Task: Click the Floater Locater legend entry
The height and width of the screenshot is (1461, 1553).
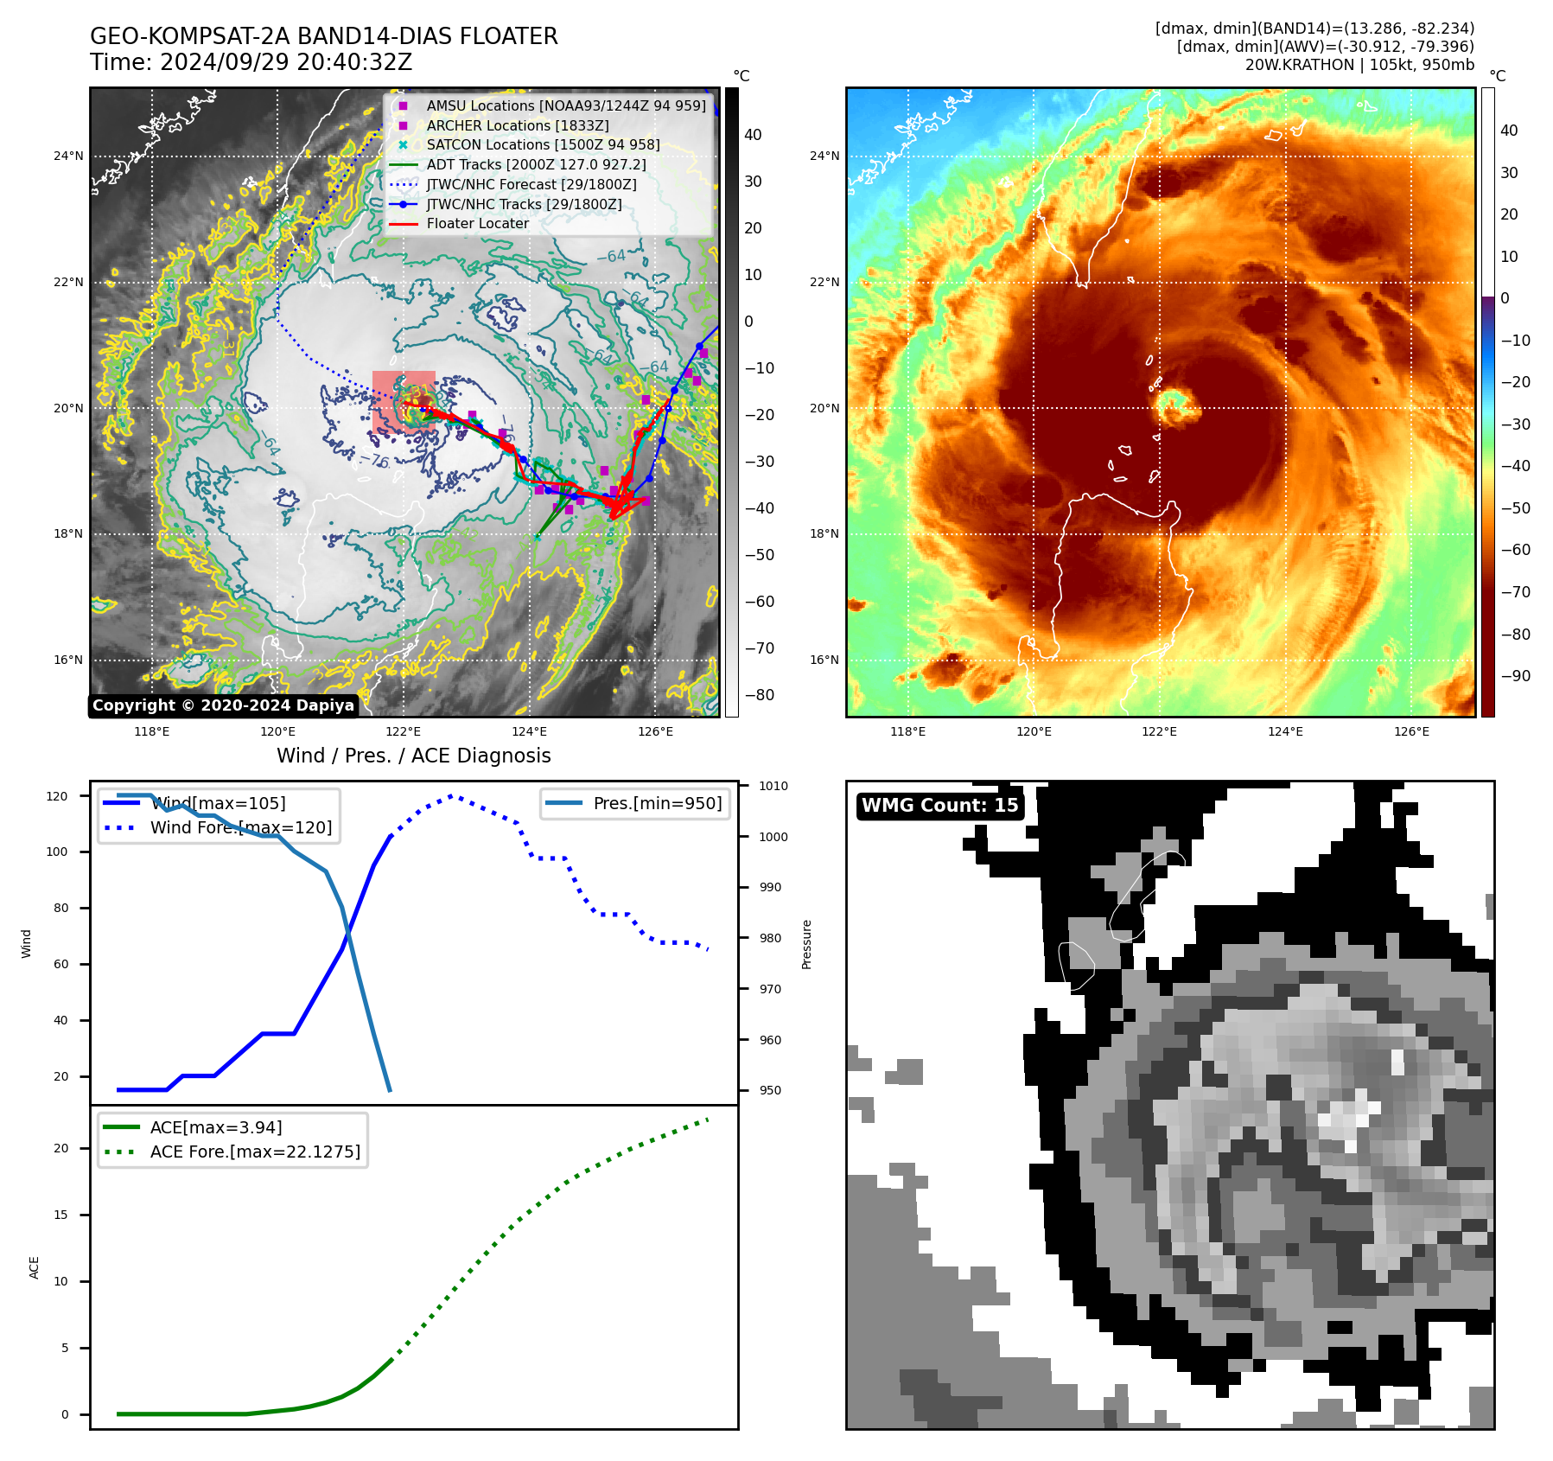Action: coord(477,224)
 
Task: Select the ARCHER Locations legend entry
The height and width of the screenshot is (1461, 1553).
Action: coord(517,125)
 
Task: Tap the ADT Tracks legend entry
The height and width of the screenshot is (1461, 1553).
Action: coord(536,164)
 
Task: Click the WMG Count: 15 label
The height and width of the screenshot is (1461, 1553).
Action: coord(939,806)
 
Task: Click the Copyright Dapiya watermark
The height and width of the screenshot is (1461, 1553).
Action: coord(223,705)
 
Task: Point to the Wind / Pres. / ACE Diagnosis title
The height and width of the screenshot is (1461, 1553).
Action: coord(413,756)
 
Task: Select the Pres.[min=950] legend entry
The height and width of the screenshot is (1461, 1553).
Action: coord(657,803)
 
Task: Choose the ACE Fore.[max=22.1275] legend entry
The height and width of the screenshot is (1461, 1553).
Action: coord(255,1152)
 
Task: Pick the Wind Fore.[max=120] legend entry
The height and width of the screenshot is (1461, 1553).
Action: coord(240,827)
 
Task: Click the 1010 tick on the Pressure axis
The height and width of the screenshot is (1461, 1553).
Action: coord(773,786)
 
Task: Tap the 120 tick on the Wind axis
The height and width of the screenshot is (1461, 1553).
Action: coord(57,796)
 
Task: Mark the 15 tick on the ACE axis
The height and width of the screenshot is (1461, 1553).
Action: coord(60,1215)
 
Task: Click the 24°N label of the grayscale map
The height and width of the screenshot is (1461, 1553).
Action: coord(68,156)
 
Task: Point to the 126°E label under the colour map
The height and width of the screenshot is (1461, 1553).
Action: coord(1411,731)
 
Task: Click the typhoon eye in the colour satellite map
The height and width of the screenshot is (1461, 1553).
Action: coord(1173,405)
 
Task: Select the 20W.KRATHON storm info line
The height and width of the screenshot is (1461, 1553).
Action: coord(1359,65)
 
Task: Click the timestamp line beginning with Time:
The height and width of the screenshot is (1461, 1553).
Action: coord(251,62)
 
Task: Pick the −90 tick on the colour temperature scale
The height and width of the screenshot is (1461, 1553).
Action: coord(1515,676)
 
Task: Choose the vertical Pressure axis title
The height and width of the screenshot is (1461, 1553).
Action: coord(806,944)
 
